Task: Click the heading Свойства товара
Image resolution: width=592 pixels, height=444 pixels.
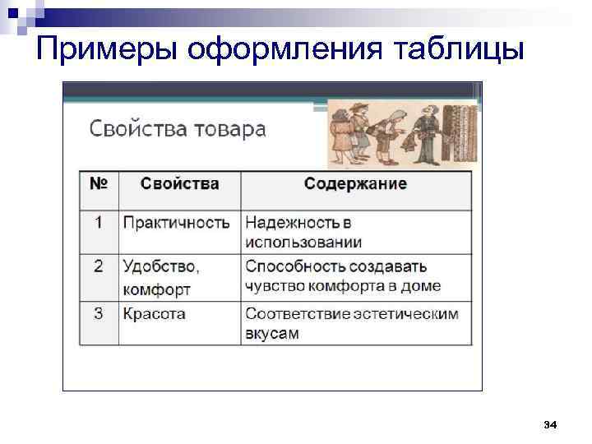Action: pyautogui.click(x=177, y=129)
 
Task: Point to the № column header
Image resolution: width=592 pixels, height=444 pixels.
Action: pyautogui.click(x=98, y=183)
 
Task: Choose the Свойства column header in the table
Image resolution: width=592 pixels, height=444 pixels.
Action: pyautogui.click(x=179, y=183)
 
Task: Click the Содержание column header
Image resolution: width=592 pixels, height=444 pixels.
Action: pyautogui.click(x=355, y=183)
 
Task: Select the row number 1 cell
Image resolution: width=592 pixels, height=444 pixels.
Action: pyautogui.click(x=98, y=223)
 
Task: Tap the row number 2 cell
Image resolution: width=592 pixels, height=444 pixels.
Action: pyautogui.click(x=98, y=266)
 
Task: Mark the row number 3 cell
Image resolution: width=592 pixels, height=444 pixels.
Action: pyautogui.click(x=98, y=313)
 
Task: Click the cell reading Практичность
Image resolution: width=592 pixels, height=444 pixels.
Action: pyautogui.click(x=176, y=223)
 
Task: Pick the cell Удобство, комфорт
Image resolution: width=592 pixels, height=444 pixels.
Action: pyautogui.click(x=161, y=277)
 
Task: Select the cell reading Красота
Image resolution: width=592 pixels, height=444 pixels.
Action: pyautogui.click(x=154, y=313)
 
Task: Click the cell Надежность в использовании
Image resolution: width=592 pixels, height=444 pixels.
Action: pyautogui.click(x=303, y=233)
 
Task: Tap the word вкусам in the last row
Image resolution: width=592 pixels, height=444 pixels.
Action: pyautogui.click(x=271, y=334)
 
